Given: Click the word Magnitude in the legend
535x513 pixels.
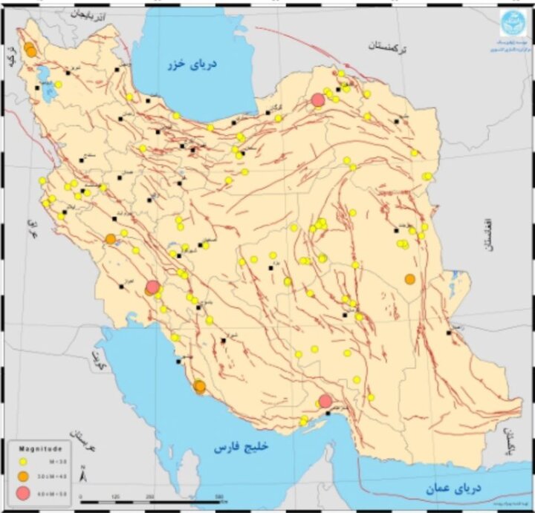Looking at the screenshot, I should click(45, 448).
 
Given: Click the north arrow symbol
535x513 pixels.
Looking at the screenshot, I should click(83, 473).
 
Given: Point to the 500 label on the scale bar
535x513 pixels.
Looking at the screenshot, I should click(218, 496).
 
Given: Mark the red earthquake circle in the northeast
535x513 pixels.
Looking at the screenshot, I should click(318, 99).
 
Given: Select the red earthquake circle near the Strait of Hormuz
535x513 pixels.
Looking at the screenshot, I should click(325, 402).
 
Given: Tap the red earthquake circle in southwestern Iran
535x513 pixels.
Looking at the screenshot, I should click(152, 287).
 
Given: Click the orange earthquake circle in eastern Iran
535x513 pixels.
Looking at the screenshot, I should click(409, 279).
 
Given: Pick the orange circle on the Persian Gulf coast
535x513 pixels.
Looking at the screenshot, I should click(199, 386).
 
